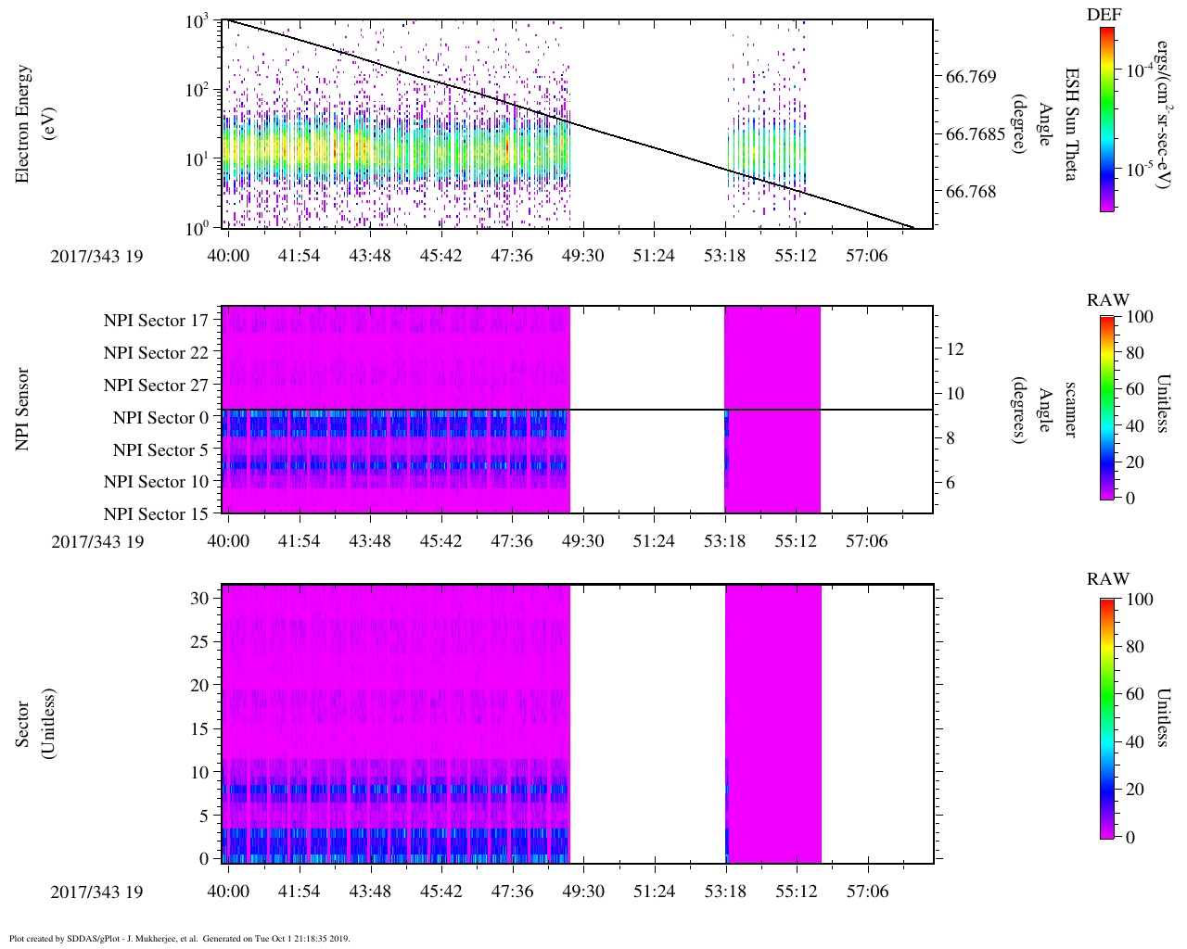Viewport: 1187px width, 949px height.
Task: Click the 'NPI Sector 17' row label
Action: pyautogui.click(x=156, y=321)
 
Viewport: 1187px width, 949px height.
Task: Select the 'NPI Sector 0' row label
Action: pyautogui.click(x=160, y=418)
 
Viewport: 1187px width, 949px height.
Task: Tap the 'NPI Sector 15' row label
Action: pyautogui.click(x=156, y=514)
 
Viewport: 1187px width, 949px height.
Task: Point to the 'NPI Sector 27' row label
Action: pyautogui.click(x=156, y=386)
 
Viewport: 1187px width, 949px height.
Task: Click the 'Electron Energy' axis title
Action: pyautogui.click(x=23, y=123)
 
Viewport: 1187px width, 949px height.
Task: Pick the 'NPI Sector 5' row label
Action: pyautogui.click(x=160, y=450)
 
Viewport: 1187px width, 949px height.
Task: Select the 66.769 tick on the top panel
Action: pyautogui.click(x=972, y=76)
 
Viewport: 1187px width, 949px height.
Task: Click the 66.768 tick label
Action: pyautogui.click(x=972, y=192)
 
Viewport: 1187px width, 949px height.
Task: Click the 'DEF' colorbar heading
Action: pyautogui.click(x=1104, y=15)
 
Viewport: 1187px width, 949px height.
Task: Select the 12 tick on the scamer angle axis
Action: pyautogui.click(x=955, y=349)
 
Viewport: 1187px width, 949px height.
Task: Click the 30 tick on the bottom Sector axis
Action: pyautogui.click(x=199, y=599)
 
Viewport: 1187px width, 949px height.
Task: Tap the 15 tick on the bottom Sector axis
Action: pyautogui.click(x=199, y=729)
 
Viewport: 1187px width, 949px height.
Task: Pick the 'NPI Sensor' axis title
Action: pyautogui.click(x=23, y=409)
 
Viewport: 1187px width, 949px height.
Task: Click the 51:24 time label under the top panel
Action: pyautogui.click(x=654, y=256)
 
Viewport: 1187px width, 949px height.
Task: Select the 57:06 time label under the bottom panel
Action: pyautogui.click(x=866, y=892)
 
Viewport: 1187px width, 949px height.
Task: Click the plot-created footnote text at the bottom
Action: pyautogui.click(x=179, y=938)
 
